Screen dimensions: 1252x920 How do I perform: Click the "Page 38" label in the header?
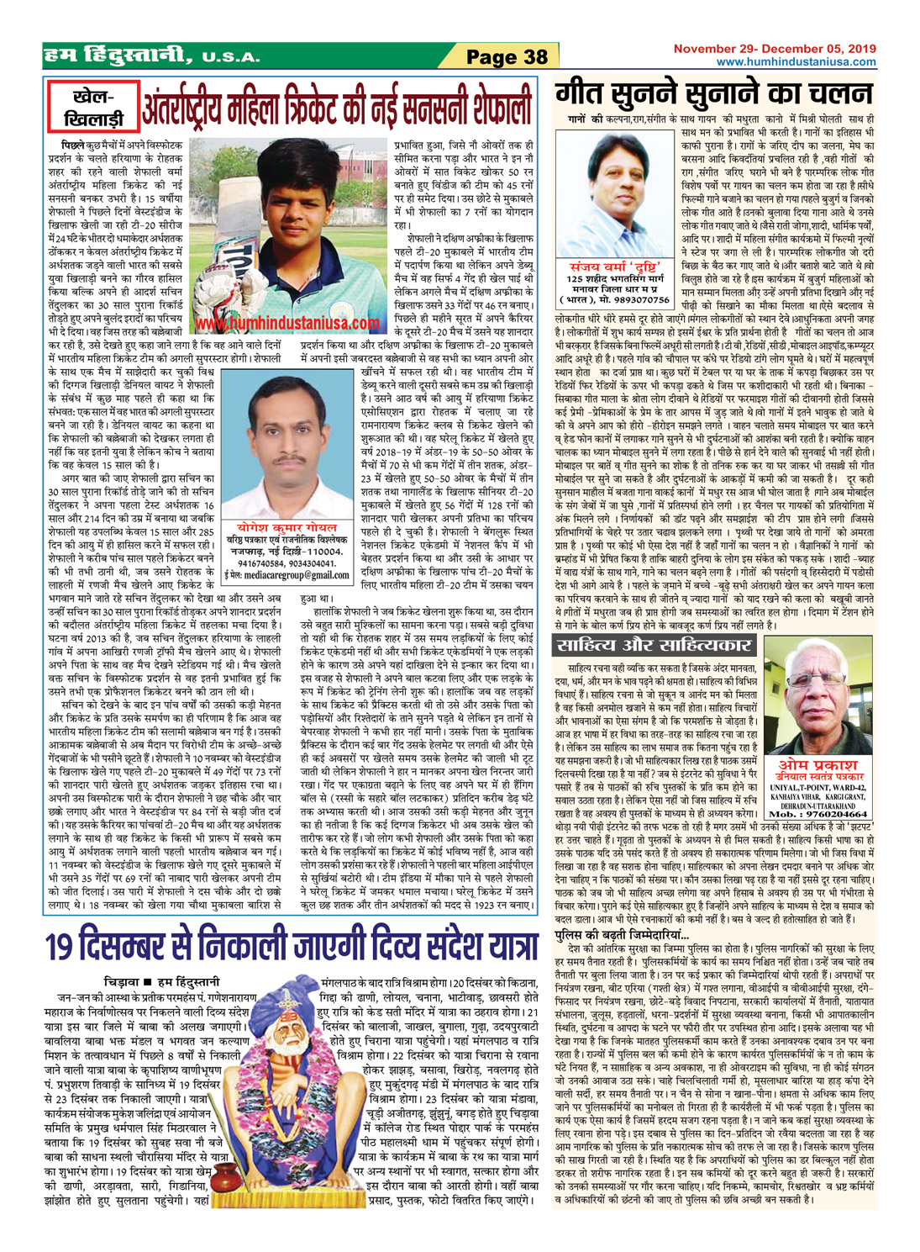point(507,57)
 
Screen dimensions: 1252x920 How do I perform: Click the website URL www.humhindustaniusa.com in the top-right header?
point(796,62)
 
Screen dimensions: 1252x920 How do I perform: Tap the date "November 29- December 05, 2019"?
point(775,49)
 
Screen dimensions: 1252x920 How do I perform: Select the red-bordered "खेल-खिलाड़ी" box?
point(93,108)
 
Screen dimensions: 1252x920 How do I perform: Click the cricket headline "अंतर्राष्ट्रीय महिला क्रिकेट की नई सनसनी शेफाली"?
point(338,108)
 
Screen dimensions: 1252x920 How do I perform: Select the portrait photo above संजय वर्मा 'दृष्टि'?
point(616,197)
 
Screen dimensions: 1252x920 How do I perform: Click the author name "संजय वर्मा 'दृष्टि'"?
point(619,267)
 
